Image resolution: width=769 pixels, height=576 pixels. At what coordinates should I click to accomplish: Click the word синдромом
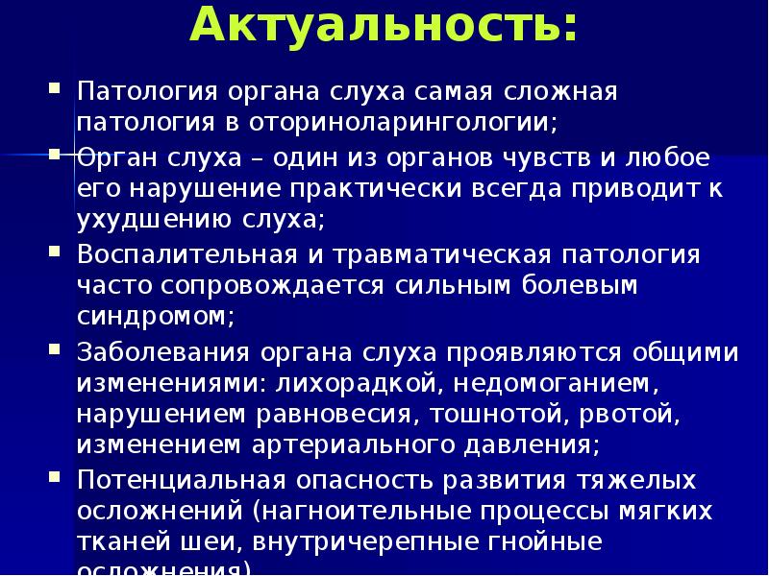pos(153,317)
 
